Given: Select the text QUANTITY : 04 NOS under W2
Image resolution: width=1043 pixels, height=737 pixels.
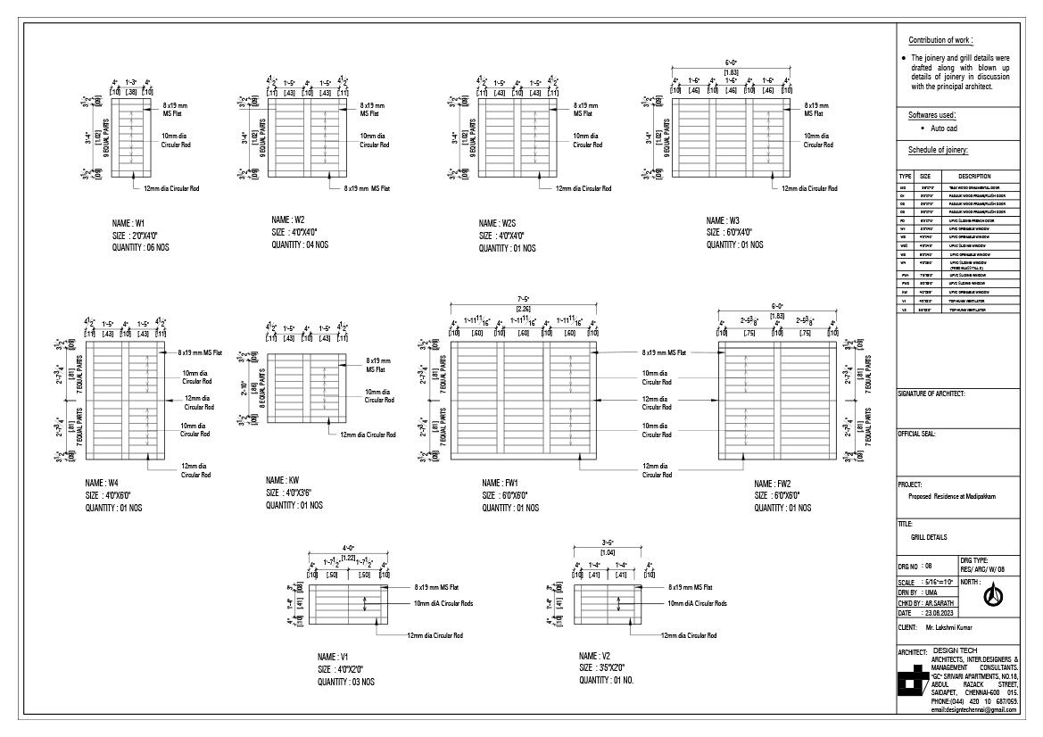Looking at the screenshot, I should pyautogui.click(x=301, y=244).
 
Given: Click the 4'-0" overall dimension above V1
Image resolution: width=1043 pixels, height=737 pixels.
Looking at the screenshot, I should pyautogui.click(x=348, y=548).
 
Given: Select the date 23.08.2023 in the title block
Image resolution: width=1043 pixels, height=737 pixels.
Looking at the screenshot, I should pyautogui.click(x=940, y=613).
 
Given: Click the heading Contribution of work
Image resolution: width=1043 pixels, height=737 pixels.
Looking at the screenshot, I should pyautogui.click(x=940, y=40).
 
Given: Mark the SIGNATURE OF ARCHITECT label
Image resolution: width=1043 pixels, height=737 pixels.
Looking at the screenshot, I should pyautogui.click(x=931, y=393).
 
